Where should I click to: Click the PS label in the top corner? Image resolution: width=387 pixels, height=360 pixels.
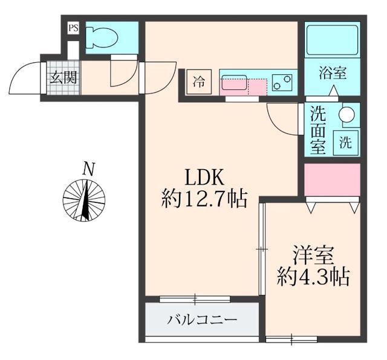(x=73, y=28)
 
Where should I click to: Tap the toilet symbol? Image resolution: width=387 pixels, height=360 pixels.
(x=99, y=37)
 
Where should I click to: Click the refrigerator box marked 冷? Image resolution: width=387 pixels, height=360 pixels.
(x=198, y=82)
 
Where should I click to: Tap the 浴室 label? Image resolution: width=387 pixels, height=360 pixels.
(x=333, y=73)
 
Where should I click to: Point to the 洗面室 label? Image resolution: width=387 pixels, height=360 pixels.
(x=318, y=129)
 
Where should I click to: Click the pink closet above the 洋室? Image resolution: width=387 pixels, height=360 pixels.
(x=332, y=179)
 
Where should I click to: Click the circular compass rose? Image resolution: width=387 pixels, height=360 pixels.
(x=85, y=200)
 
